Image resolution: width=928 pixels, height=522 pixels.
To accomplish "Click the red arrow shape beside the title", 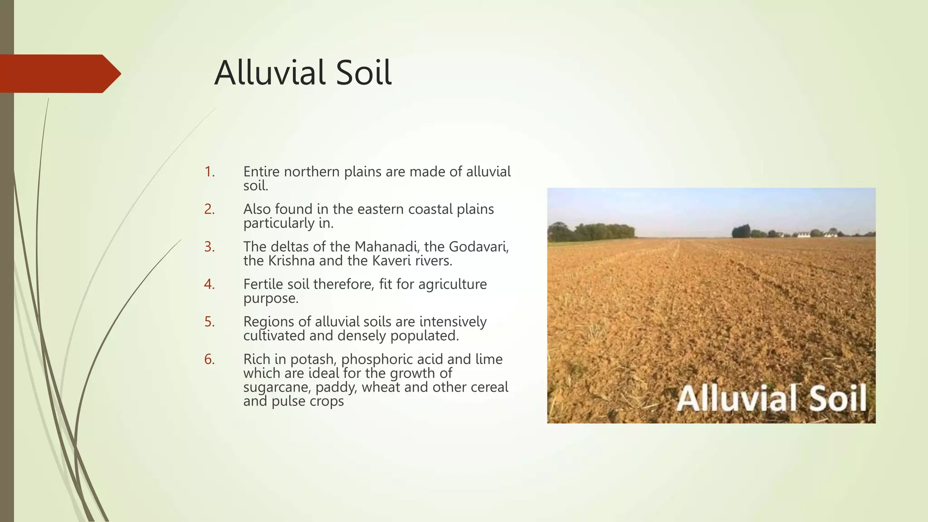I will point(59,73).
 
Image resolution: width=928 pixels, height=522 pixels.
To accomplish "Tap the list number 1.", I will point(209,172).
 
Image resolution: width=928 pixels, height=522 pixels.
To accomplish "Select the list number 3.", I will point(209,247).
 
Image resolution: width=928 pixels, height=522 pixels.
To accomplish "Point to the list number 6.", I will point(209,359).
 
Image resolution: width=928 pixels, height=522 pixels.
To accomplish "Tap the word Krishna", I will point(291,261).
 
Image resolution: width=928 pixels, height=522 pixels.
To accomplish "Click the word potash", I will point(312,359).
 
